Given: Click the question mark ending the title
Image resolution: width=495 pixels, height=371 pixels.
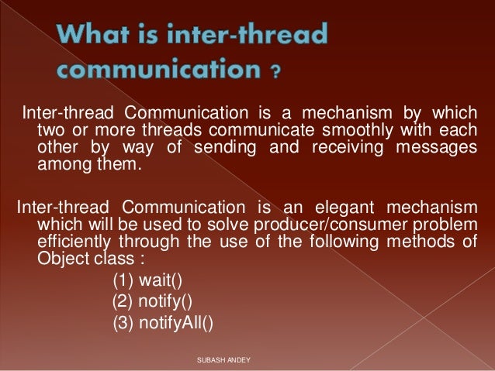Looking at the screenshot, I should point(275,74).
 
